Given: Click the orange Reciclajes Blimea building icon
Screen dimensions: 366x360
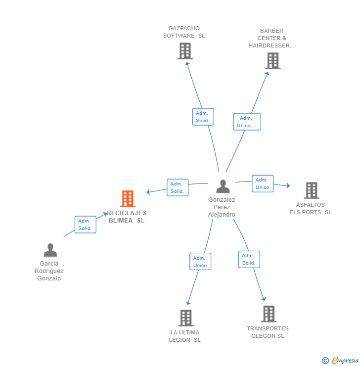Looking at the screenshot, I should [x=128, y=199].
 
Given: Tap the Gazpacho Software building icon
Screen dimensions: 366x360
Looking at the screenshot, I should [x=184, y=51].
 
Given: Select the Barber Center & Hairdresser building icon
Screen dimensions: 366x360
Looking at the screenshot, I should [x=272, y=61].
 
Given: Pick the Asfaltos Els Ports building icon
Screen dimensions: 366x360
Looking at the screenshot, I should [x=311, y=190].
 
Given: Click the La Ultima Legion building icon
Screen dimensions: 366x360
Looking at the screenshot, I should [x=185, y=318].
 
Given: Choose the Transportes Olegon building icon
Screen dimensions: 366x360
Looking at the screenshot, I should [x=269, y=314].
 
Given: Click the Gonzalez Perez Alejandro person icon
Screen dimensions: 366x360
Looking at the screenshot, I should [x=223, y=186].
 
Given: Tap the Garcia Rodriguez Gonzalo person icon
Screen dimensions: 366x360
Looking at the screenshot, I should [x=50, y=250].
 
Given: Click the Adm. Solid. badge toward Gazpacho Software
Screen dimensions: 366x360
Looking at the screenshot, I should [x=203, y=117].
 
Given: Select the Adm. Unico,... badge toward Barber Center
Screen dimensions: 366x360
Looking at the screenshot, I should [x=247, y=122].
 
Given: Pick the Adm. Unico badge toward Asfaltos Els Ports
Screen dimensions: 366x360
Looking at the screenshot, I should [x=262, y=183].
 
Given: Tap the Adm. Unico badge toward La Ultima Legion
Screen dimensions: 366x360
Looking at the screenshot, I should [x=200, y=262].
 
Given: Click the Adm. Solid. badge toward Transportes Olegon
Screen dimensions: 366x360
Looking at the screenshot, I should [x=249, y=259].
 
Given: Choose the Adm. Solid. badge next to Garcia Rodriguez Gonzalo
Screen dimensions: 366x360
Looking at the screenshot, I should [x=85, y=225].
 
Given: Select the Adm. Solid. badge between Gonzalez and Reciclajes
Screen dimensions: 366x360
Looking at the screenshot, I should [x=177, y=187].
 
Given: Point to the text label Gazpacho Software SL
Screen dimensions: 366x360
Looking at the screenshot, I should [x=184, y=32].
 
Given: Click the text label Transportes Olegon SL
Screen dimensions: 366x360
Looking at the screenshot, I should [x=268, y=332].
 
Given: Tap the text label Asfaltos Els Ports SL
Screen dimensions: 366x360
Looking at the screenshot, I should [x=311, y=209].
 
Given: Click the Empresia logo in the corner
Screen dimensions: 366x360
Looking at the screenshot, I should [x=341, y=361].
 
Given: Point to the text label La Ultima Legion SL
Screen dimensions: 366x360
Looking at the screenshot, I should [x=185, y=336].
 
